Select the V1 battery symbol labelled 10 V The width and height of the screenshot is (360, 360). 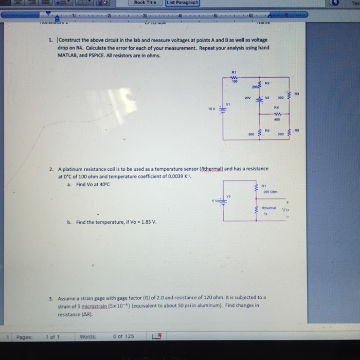point(223,109)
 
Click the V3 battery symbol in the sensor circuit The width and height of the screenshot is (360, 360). point(223,201)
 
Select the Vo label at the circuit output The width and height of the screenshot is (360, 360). point(285,210)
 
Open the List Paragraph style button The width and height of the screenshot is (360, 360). point(182,3)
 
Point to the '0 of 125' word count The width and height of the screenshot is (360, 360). point(123,336)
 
